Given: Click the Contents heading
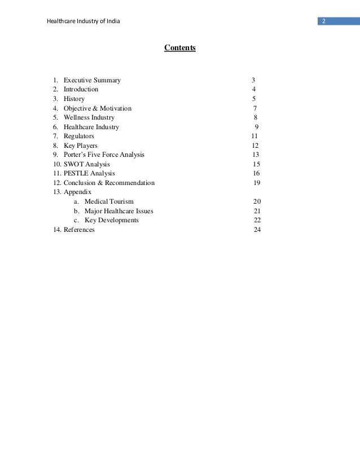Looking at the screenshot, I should (180, 48).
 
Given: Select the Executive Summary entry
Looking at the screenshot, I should (92, 80).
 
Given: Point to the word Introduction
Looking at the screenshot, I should (81, 89).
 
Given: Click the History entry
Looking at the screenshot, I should (74, 99).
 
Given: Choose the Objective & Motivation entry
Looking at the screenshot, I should (97, 108).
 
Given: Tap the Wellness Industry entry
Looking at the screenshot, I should (89, 117).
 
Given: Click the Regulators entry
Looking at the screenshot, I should (79, 136).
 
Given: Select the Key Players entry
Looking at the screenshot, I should (81, 146).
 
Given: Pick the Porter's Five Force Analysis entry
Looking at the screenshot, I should (104, 155).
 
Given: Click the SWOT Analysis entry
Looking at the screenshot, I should (87, 164).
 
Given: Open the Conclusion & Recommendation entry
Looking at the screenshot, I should (109, 183).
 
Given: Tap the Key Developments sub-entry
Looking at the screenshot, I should (111, 220).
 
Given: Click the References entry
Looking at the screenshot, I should (79, 230).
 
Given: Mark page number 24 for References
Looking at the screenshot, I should (257, 230).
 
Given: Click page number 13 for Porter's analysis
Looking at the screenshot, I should (256, 155).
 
